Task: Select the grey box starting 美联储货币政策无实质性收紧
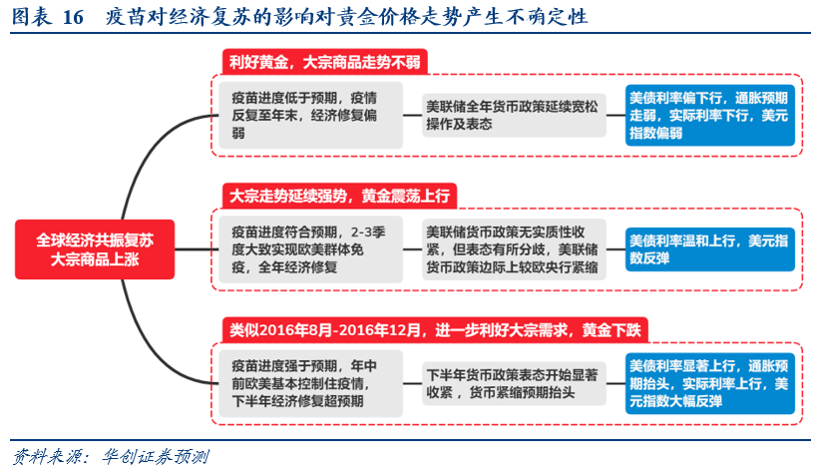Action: coord(513,248)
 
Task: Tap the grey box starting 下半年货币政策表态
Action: coord(513,383)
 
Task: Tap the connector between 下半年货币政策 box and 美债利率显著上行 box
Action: coord(613,383)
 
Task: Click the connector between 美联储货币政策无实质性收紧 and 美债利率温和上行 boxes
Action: coord(613,249)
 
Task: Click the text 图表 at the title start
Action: coord(30,18)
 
